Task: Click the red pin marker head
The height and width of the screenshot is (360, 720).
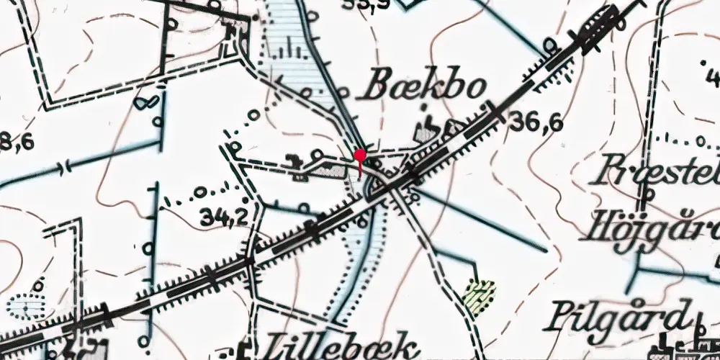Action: (x=360, y=154)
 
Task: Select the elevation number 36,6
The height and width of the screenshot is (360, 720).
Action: (x=535, y=122)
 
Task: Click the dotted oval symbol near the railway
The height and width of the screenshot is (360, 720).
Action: (x=27, y=306)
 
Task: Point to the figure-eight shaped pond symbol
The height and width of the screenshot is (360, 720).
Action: (x=146, y=102)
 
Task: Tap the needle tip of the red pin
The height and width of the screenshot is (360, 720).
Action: (x=360, y=176)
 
